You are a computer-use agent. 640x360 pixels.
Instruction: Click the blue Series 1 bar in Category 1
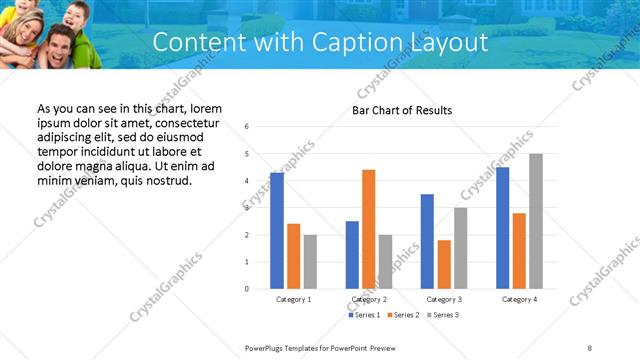pos(277,230)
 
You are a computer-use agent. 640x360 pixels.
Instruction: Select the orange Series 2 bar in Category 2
pos(369,229)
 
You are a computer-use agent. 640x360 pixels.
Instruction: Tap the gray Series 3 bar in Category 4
pos(536,221)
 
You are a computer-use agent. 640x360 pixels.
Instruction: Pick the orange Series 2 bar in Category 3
pos(444,264)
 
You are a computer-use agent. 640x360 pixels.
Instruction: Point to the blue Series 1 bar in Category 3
pos(427,241)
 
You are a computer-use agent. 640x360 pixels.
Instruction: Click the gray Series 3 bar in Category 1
pos(310,261)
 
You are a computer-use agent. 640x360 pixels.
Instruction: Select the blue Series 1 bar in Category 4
pos(502,228)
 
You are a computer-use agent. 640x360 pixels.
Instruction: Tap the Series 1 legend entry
pos(363,315)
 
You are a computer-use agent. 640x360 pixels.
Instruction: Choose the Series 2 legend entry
pos(402,315)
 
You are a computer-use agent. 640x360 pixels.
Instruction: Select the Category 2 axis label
pos(369,299)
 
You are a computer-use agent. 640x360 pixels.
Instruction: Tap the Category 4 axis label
pos(519,299)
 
